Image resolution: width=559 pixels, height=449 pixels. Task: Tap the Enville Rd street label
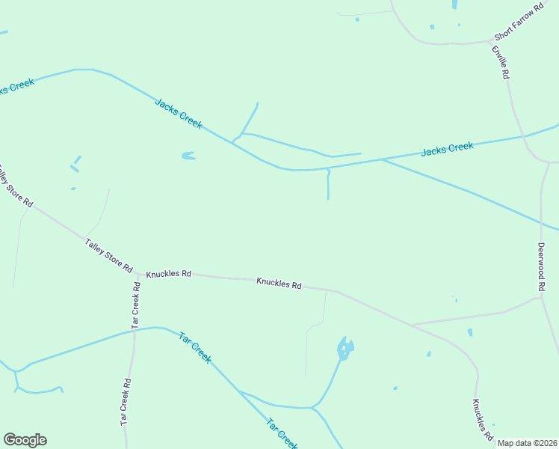(500, 62)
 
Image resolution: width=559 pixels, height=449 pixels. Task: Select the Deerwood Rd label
(542, 267)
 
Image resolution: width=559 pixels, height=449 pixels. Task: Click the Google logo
(25, 440)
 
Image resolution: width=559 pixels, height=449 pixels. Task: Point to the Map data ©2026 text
(528, 443)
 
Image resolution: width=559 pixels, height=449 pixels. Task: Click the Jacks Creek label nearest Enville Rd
(447, 149)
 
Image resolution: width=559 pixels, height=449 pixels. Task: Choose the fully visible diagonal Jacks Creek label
(179, 113)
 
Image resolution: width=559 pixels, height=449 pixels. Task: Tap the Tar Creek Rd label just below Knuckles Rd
(136, 305)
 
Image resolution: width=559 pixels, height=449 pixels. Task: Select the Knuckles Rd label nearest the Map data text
(482, 419)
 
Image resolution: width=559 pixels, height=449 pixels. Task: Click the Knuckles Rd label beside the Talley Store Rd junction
(169, 274)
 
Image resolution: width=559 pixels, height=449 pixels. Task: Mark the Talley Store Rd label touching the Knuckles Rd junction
(109, 255)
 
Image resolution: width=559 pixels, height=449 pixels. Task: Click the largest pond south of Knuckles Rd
(345, 348)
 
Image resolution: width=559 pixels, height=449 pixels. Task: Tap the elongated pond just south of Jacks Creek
(188, 156)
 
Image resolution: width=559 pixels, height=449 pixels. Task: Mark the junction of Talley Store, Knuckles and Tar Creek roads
(138, 274)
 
